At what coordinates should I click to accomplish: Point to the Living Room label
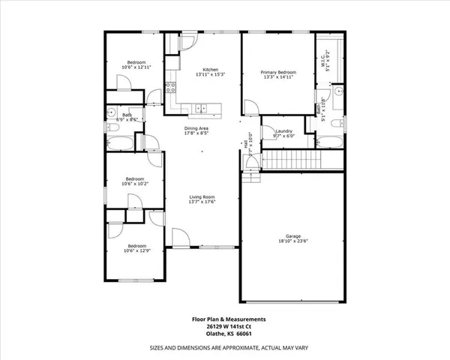(x=202, y=196)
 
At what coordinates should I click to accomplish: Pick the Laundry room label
(x=283, y=131)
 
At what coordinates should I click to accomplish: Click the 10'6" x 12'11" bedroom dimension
(x=136, y=67)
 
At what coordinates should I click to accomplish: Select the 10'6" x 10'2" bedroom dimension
(x=136, y=184)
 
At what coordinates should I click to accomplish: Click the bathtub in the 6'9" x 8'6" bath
(x=121, y=142)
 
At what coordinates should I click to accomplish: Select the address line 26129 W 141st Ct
(x=228, y=326)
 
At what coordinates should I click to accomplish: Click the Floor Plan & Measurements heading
(x=228, y=319)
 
